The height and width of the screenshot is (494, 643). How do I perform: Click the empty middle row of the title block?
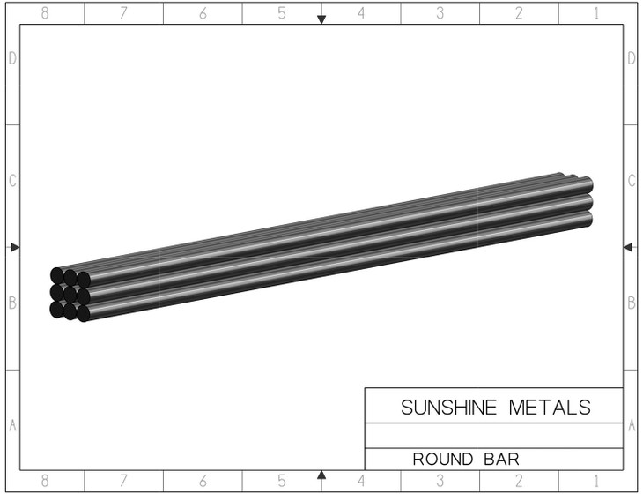(x=493, y=436)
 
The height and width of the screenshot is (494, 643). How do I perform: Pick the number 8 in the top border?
(x=45, y=12)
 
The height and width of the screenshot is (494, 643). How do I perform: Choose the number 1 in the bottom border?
(x=596, y=482)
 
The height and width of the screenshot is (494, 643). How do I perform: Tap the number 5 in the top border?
(x=282, y=12)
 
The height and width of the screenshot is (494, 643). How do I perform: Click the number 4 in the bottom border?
(x=361, y=482)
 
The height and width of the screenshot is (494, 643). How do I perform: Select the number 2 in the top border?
(x=519, y=12)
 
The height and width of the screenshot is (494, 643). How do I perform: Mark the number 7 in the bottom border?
(x=123, y=482)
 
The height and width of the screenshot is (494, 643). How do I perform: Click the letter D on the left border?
(x=12, y=59)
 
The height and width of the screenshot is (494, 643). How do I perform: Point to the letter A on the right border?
(x=631, y=425)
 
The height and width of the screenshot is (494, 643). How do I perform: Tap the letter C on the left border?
(x=12, y=181)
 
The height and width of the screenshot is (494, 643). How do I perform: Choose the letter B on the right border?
(x=631, y=303)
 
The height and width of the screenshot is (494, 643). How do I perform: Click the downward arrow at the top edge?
(x=321, y=19)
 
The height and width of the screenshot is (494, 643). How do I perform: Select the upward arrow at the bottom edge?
(x=321, y=475)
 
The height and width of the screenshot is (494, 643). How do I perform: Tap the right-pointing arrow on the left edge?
(x=14, y=247)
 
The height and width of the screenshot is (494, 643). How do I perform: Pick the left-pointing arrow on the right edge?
(x=628, y=247)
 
